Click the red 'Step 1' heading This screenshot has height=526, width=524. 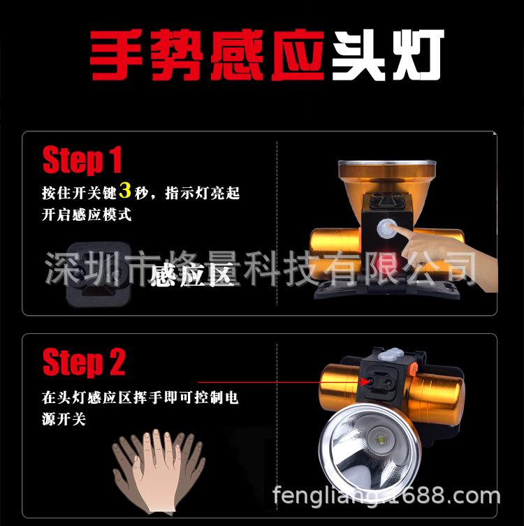[82, 161]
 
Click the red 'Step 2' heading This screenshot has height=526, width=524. [84, 363]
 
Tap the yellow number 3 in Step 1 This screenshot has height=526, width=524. [126, 191]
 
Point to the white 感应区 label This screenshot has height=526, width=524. [190, 277]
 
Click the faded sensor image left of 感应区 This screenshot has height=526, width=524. [98, 272]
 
